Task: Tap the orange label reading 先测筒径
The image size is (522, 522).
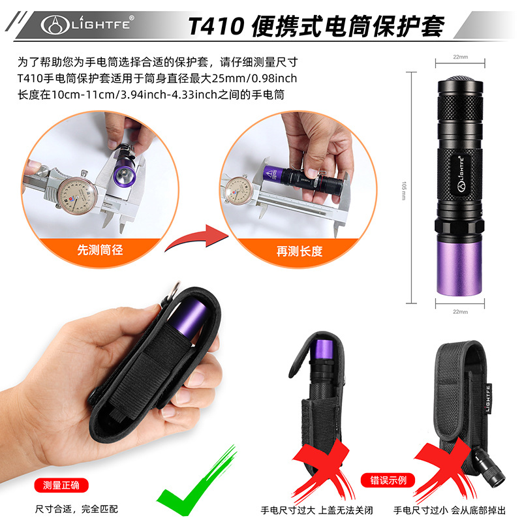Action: [100, 249]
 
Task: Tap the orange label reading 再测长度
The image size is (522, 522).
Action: [299, 250]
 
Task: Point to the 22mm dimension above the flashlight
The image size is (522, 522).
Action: [460, 57]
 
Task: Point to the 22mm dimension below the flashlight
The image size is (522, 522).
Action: [460, 312]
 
